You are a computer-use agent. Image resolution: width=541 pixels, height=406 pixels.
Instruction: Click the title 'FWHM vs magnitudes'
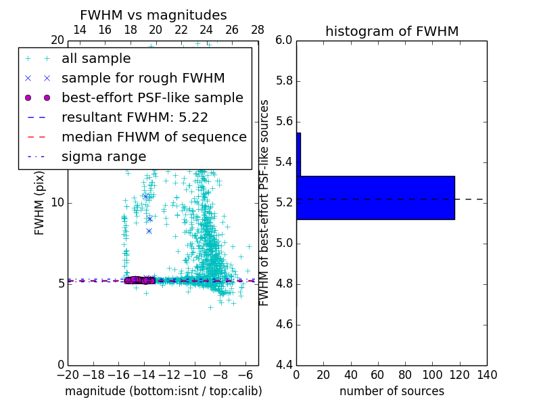(x=154, y=15)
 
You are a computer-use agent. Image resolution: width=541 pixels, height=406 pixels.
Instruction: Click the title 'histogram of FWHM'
(x=392, y=31)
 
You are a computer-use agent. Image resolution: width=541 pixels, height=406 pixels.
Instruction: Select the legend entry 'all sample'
(x=96, y=59)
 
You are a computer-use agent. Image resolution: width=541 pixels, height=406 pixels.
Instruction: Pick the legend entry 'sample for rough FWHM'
(x=143, y=78)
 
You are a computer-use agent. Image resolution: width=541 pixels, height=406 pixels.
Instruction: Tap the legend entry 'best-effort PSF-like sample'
(x=152, y=97)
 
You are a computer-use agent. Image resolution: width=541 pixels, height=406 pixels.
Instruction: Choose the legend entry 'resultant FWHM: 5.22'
(x=135, y=117)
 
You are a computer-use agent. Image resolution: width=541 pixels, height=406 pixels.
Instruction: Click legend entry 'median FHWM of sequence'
(x=154, y=137)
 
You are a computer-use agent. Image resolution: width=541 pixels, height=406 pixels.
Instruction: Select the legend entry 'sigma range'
(x=103, y=156)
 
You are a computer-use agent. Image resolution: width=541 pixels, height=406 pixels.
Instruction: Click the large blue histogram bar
(x=375, y=198)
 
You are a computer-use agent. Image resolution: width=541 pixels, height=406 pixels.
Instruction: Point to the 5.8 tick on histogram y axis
(x=283, y=81)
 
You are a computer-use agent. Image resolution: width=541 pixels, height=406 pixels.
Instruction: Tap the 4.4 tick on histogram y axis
(x=283, y=365)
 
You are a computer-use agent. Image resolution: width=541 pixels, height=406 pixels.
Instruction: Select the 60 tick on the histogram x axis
(x=378, y=375)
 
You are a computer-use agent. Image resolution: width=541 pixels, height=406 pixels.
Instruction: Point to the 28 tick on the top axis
(x=258, y=30)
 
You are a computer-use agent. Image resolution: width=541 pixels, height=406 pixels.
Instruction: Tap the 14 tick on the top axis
(x=79, y=30)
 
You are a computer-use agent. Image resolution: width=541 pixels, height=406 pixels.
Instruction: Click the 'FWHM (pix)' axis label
(x=40, y=203)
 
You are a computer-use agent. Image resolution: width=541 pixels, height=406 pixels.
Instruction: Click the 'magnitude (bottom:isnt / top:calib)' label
(x=163, y=391)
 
